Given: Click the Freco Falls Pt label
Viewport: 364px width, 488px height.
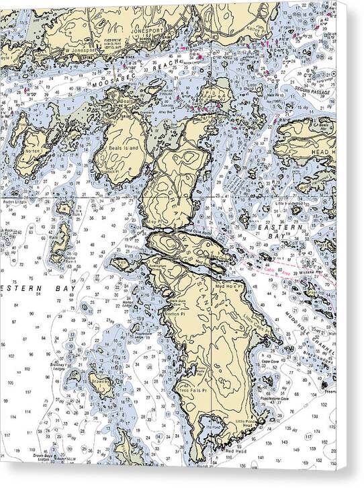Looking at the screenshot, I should [193, 389].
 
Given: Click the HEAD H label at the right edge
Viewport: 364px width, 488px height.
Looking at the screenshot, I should [322, 153].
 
